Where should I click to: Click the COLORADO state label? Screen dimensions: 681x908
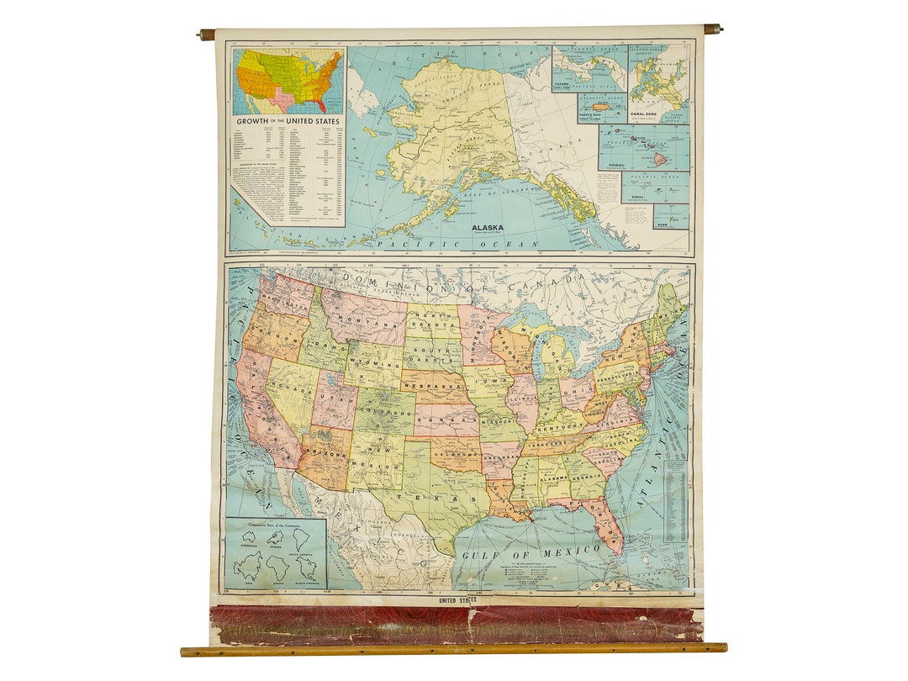coord(383,413)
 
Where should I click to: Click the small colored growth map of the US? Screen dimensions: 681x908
coord(288,81)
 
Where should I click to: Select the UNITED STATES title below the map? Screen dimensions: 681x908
coord(457,599)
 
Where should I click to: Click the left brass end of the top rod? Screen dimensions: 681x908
coord(206,34)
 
